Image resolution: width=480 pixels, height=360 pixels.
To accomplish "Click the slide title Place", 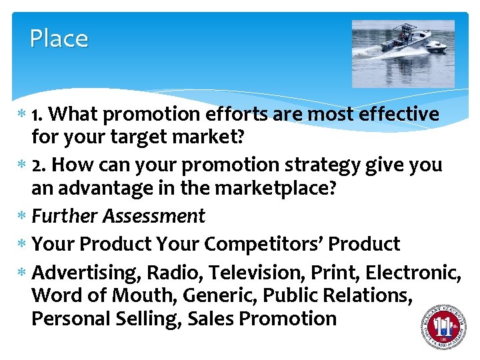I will [59, 39].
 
